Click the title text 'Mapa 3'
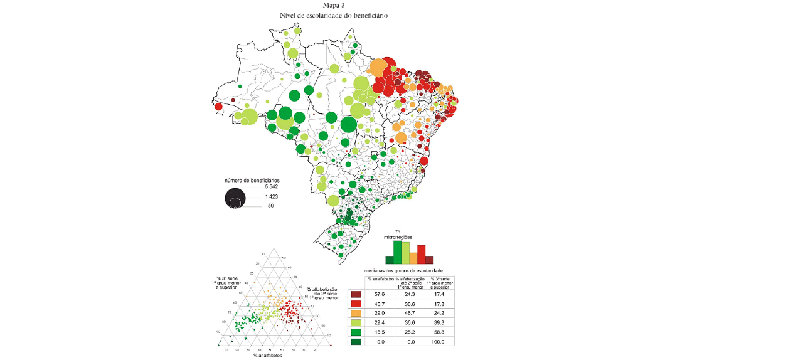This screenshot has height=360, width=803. point(334,5)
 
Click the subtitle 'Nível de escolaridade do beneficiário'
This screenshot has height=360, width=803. point(334,14)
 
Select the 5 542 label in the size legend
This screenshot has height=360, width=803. point(271,188)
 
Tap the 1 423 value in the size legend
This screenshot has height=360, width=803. point(271,197)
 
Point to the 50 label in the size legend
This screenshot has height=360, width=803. point(271,206)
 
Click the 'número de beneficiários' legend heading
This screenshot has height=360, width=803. point(252,181)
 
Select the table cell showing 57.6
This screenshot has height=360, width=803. point(379,294)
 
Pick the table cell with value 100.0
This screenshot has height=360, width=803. point(439,342)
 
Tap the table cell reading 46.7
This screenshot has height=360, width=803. point(409,312)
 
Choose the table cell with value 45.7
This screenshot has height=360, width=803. point(379,304)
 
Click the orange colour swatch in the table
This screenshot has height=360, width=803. point(356,312)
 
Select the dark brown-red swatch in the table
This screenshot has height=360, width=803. point(356,294)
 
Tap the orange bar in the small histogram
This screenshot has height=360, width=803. point(413,258)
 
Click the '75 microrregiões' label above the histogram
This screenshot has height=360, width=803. point(398,235)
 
